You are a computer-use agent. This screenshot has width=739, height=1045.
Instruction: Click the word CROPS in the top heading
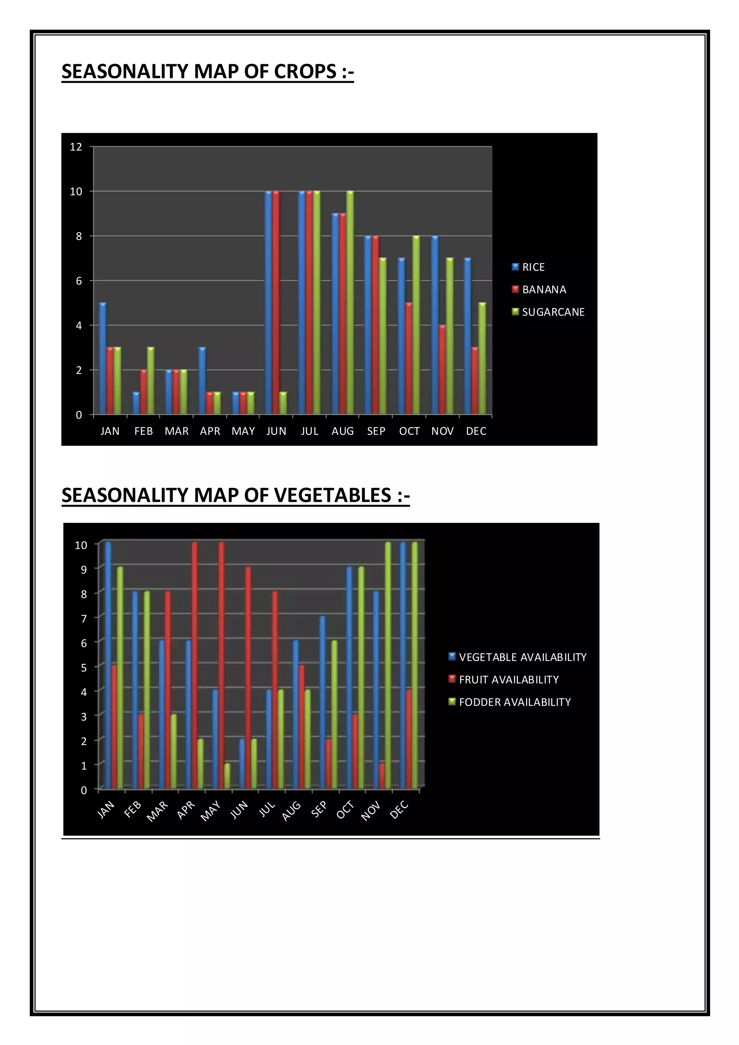pyautogui.click(x=305, y=71)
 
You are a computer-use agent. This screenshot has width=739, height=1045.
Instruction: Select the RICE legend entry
pyautogui.click(x=533, y=267)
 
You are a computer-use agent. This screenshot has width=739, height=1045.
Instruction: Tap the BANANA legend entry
pyautogui.click(x=544, y=289)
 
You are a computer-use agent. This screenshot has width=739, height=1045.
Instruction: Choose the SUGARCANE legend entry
pyautogui.click(x=553, y=312)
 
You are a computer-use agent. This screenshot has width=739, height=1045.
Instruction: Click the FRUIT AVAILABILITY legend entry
pyautogui.click(x=508, y=679)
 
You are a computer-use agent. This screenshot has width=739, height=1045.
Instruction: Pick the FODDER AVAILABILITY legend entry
pyautogui.click(x=514, y=702)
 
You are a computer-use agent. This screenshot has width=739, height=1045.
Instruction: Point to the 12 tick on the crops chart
pyautogui.click(x=76, y=147)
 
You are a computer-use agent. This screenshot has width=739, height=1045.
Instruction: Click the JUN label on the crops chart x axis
pyautogui.click(x=276, y=431)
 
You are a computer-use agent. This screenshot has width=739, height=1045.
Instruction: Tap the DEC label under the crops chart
pyautogui.click(x=476, y=431)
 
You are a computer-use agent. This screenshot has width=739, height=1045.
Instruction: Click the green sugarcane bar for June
pyautogui.click(x=283, y=403)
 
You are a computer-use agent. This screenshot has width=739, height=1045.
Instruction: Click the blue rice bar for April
pyautogui.click(x=202, y=381)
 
